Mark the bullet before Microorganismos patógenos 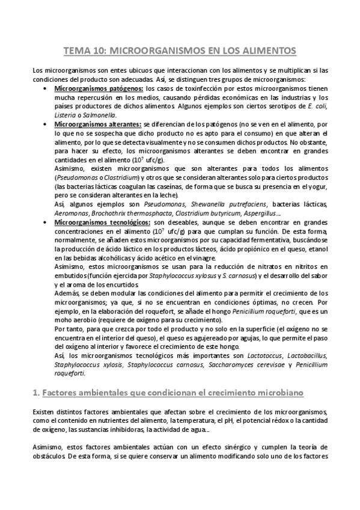pyautogui.click(x=47, y=88)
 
